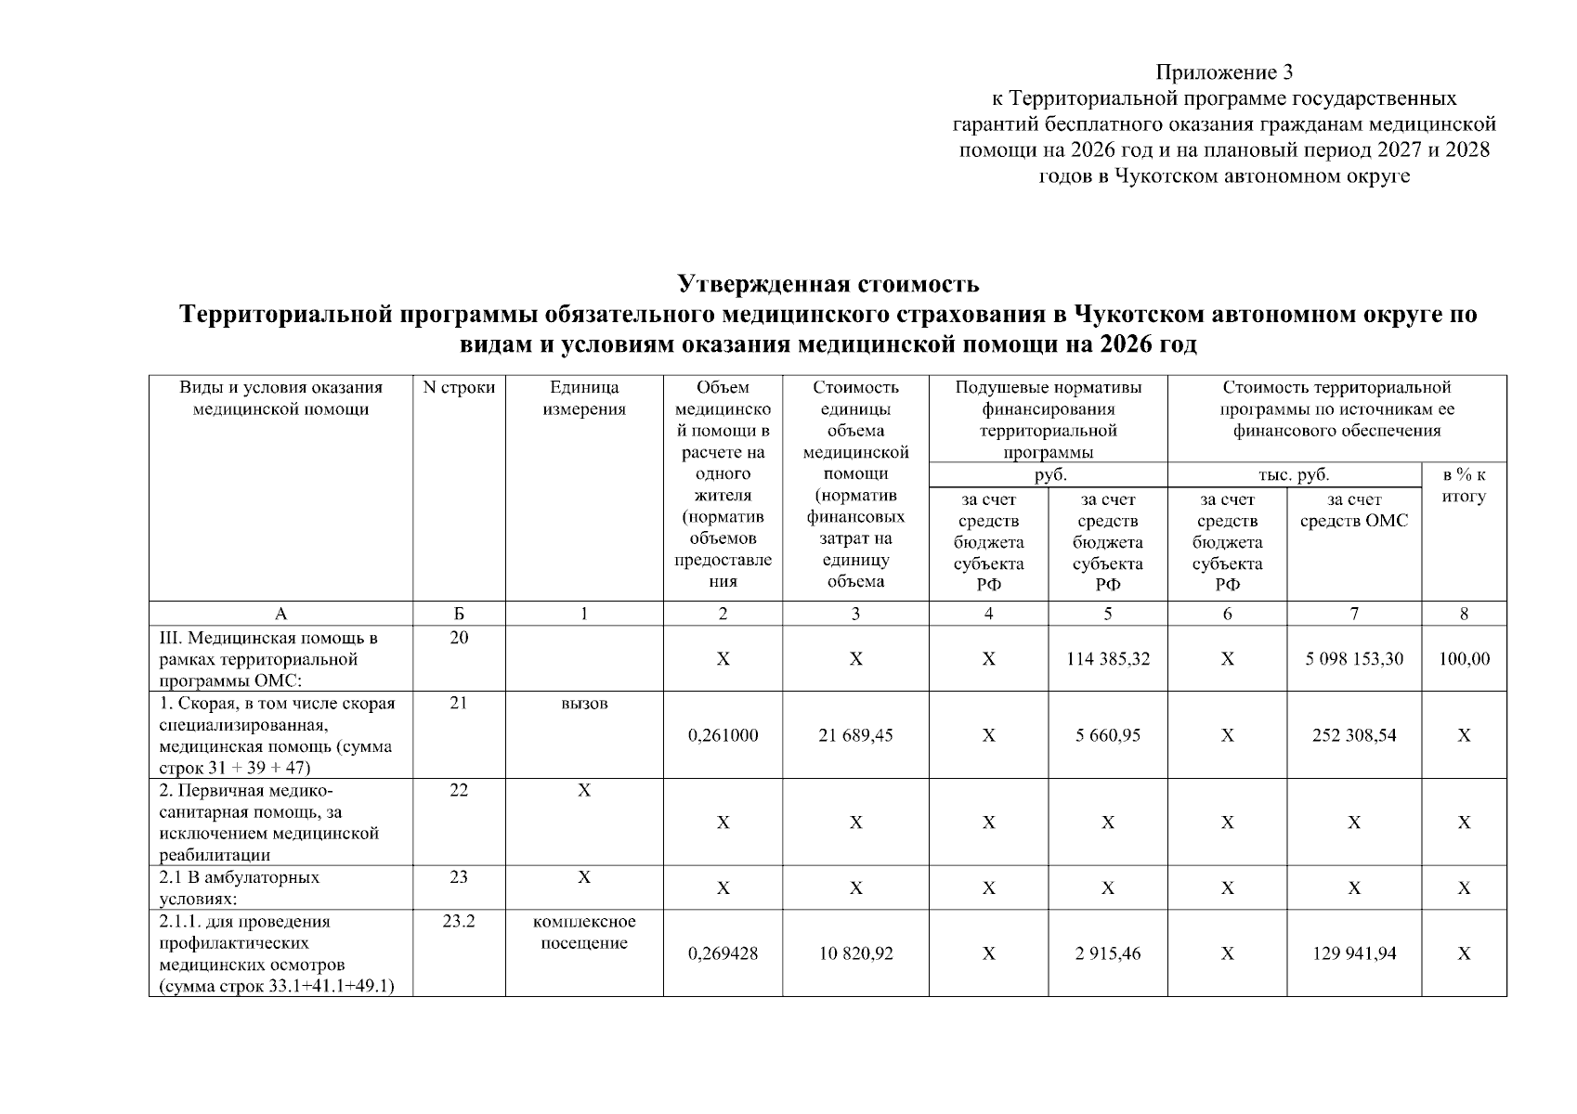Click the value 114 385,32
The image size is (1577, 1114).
pyautogui.click(x=1107, y=659)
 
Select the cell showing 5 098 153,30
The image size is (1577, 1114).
pyautogui.click(x=1353, y=659)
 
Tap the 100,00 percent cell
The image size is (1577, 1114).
pyautogui.click(x=1464, y=659)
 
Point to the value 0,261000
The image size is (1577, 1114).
pyautogui.click(x=723, y=735)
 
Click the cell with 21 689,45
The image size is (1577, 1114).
pyautogui.click(x=855, y=735)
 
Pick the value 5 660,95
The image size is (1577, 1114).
pyautogui.click(x=1107, y=735)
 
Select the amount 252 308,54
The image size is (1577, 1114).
pyautogui.click(x=1353, y=735)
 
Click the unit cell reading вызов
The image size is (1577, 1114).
pyautogui.click(x=584, y=704)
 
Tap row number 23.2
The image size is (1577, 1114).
pyautogui.click(x=459, y=922)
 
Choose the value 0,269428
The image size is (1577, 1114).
pyautogui.click(x=723, y=953)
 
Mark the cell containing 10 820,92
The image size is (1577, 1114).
pyautogui.click(x=855, y=953)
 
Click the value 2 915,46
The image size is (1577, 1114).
pyautogui.click(x=1107, y=953)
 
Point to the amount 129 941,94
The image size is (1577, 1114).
pyautogui.click(x=1353, y=953)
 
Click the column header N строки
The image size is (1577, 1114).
pyautogui.click(x=459, y=388)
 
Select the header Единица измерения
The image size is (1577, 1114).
pyautogui.click(x=584, y=398)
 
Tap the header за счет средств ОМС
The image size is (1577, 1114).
pyautogui.click(x=1353, y=511)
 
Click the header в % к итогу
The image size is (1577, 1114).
pyautogui.click(x=1464, y=486)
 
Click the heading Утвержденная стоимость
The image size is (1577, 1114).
pyautogui.click(x=828, y=282)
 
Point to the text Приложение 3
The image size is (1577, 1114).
pyautogui.click(x=1223, y=72)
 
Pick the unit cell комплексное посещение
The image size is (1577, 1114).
pyautogui.click(x=584, y=932)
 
